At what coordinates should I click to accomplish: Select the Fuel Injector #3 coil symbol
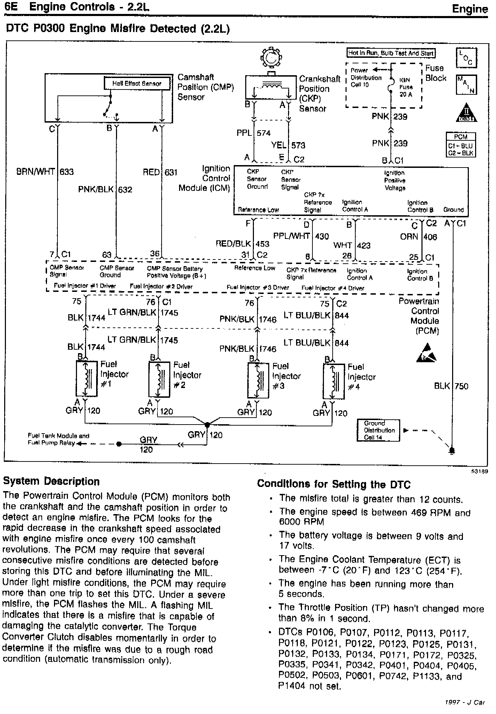258,380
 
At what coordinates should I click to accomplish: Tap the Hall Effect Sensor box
137,84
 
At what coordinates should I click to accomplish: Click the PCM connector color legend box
461,145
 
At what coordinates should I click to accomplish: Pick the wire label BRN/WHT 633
45,172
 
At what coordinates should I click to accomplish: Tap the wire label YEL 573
288,145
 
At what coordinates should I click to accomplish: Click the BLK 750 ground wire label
451,386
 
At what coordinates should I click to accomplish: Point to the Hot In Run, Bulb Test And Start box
391,53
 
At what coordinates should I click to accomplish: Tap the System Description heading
51,481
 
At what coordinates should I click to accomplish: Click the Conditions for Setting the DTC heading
334,484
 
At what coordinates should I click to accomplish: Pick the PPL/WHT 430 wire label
301,236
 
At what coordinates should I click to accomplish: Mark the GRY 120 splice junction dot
207,425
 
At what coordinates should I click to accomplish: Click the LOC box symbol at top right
466,58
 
